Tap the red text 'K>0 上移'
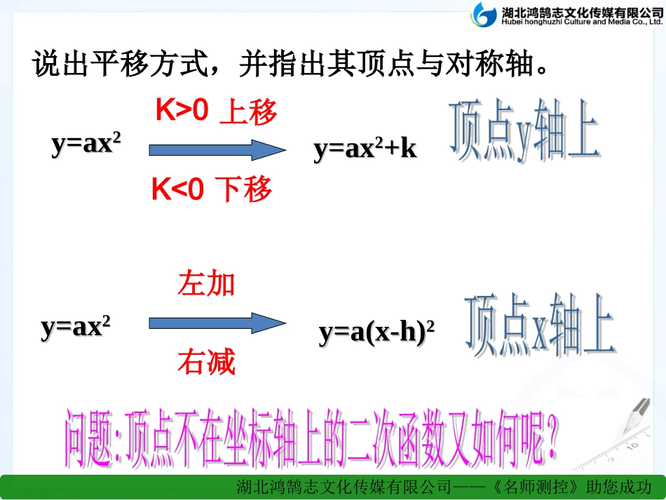pos(216,112)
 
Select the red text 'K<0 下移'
pos(212,189)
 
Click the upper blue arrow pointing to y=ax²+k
pos(217,149)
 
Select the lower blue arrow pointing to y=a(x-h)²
pos(217,323)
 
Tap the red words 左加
pos(206,285)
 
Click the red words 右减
pos(206,363)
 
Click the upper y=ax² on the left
pos(86,144)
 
